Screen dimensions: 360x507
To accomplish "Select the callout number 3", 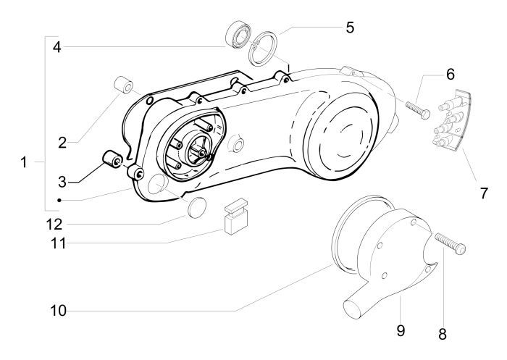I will coord(62,180).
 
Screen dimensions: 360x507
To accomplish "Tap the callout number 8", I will coord(442,335).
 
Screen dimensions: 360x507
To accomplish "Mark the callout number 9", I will coord(399,330).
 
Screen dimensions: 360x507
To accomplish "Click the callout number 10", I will coord(58,311).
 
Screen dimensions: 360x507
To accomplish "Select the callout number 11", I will coord(59,243).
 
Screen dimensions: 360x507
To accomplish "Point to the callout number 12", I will coord(58,222).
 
